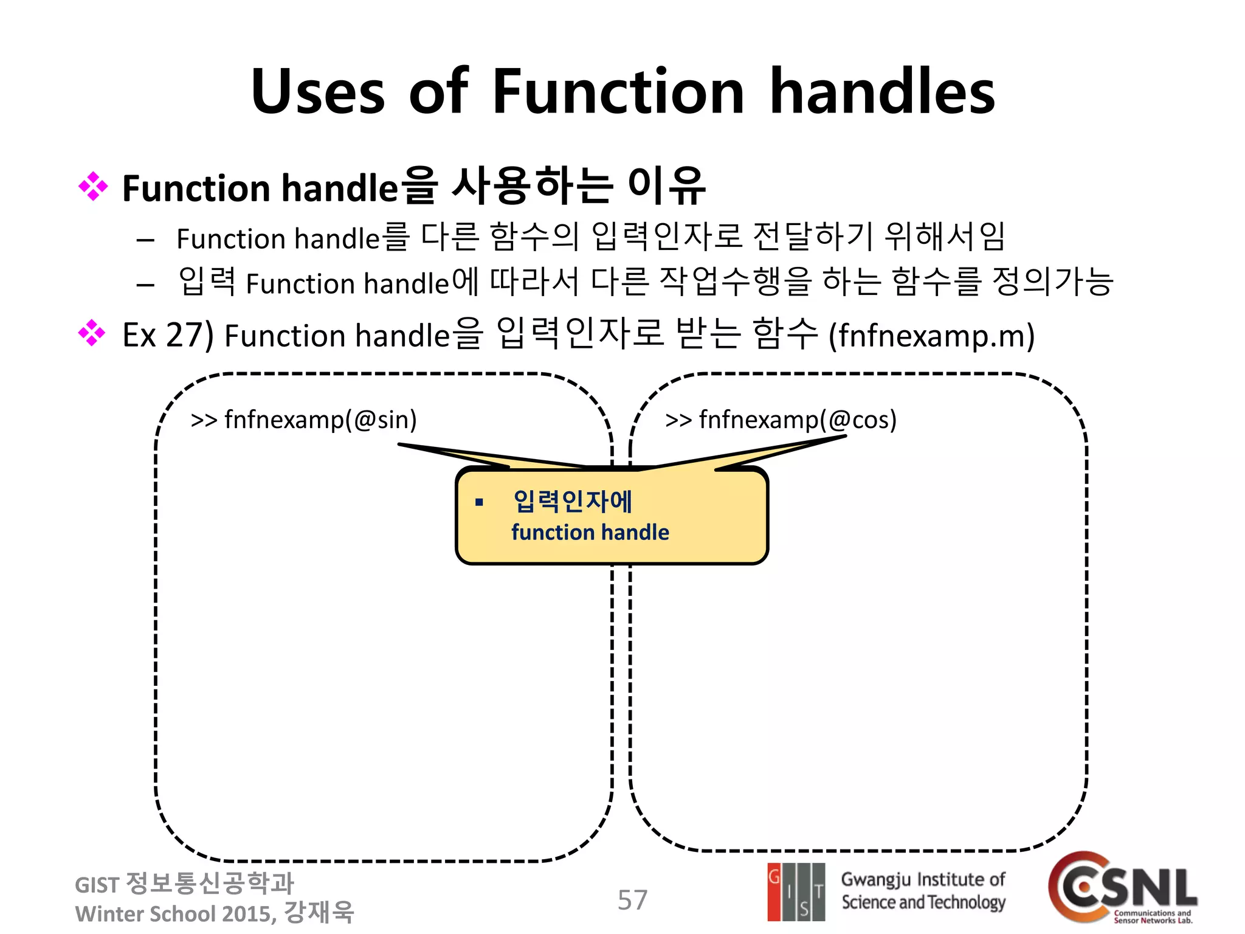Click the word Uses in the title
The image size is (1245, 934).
[x=318, y=92]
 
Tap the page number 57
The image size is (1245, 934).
[x=632, y=899]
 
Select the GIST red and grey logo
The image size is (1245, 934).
[x=796, y=891]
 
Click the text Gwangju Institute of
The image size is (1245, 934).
[x=923, y=879]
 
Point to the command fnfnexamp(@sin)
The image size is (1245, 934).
[x=320, y=420]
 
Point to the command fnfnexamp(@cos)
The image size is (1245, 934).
[x=797, y=420]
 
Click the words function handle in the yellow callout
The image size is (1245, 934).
[x=590, y=533]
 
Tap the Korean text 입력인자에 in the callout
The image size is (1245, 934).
[x=573, y=501]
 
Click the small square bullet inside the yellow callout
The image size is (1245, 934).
[x=479, y=502]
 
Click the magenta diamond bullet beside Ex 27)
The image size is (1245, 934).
[x=92, y=333]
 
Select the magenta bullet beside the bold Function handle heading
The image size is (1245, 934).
[x=93, y=187]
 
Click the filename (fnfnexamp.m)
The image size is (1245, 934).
[x=931, y=336]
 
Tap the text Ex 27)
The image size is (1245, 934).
[x=168, y=335]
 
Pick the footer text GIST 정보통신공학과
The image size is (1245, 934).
[x=184, y=884]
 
